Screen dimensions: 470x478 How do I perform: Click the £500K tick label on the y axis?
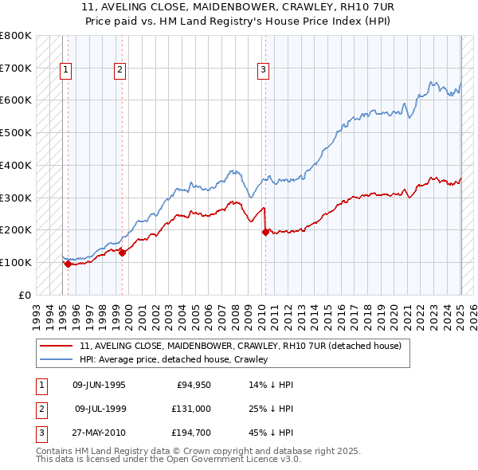tap(16, 133)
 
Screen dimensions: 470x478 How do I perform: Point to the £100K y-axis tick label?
tap(16, 262)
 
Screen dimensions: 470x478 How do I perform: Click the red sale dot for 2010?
tap(265, 232)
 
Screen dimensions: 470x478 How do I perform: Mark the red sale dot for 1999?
tap(122, 253)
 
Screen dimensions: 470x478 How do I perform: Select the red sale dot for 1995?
tap(68, 264)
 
